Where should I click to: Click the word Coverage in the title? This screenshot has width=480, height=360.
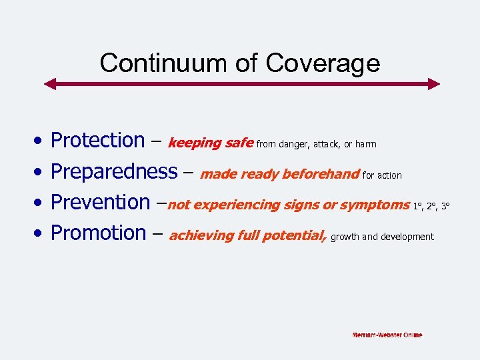click(x=323, y=63)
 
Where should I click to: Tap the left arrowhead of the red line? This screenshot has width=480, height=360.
click(x=49, y=84)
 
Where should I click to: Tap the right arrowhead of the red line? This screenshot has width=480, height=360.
click(x=434, y=84)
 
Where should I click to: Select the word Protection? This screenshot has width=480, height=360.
click(x=97, y=141)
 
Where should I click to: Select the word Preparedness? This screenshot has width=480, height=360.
click(x=114, y=172)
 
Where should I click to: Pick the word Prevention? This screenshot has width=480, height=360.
click(x=100, y=202)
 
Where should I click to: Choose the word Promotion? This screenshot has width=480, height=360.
click(x=98, y=233)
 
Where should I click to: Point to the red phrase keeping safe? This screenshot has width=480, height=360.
click(x=210, y=143)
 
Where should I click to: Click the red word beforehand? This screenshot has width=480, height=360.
click(x=321, y=175)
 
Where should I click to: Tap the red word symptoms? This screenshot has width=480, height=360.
click(x=375, y=205)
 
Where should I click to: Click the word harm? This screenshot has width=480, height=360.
click(x=365, y=143)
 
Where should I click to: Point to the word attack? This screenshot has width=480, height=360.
click(x=326, y=143)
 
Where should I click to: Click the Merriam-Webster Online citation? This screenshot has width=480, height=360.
click(x=387, y=335)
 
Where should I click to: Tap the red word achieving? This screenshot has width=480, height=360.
click(x=197, y=235)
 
